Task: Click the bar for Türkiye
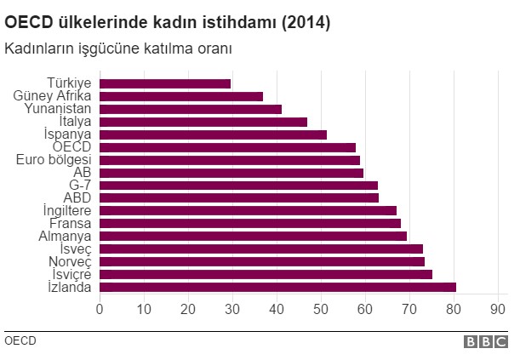pos(165,83)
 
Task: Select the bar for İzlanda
pos(277,287)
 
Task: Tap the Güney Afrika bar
pos(181,96)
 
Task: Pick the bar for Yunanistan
pos(191,109)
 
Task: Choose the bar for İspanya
pos(213,134)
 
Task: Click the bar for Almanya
pos(253,236)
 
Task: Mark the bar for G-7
pos(238,185)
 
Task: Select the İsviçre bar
pos(266,274)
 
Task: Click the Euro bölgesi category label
pos(54,159)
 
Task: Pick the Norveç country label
pos(69,261)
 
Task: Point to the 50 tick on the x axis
pos(321,308)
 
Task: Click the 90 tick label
pos(498,308)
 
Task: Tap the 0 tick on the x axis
pos(100,308)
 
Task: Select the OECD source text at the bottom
pos(20,340)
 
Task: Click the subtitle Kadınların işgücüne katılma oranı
pos(118,48)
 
